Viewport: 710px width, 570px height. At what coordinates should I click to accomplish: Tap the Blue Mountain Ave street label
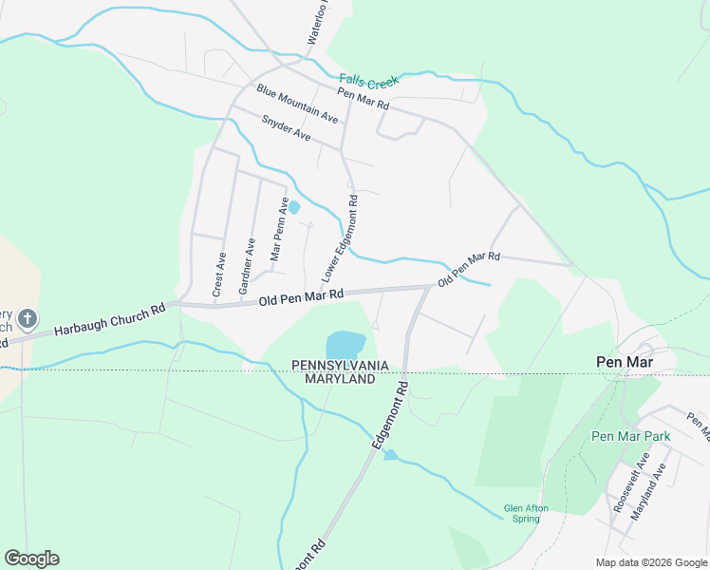(x=297, y=104)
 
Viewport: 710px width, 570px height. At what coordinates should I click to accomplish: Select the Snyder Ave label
(x=286, y=129)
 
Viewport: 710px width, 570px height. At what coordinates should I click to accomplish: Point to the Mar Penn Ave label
(x=279, y=229)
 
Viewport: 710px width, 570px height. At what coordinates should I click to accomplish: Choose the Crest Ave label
(x=219, y=275)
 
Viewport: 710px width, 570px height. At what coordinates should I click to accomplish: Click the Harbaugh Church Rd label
(x=110, y=319)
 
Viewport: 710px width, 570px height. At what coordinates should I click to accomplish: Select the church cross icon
(x=28, y=317)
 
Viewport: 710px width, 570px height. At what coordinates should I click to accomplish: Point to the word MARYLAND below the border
(x=339, y=379)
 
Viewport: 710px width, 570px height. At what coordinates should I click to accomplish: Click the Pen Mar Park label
(x=630, y=436)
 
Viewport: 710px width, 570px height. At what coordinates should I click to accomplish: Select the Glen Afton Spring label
(x=526, y=514)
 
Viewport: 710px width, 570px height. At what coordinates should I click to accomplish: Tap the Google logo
(x=31, y=559)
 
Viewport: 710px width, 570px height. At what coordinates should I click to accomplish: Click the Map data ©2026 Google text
(x=650, y=562)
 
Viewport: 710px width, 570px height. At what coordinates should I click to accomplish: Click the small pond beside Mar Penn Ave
(x=294, y=207)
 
